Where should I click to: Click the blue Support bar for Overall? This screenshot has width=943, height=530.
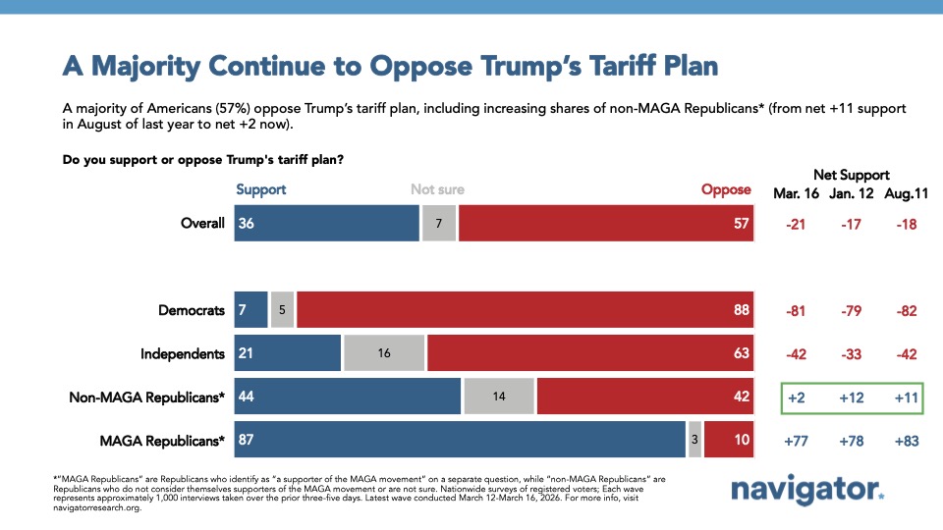326,224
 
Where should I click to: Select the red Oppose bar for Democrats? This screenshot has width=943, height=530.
525,310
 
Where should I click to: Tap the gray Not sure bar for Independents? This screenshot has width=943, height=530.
383,354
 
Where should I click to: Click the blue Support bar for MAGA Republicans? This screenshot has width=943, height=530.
460,441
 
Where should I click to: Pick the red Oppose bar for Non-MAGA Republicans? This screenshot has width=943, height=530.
644,397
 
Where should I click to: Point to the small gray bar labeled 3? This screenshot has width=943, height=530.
694,441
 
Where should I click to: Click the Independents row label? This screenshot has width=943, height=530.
184,354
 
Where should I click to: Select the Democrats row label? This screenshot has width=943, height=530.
192,310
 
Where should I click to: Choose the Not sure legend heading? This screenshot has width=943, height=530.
437,189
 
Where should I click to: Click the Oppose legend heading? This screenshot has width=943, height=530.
726,189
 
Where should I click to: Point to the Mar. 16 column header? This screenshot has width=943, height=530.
797,193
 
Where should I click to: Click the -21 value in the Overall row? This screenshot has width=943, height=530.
797,224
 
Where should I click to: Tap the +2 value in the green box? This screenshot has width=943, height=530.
797,397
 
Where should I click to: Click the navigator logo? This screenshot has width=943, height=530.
807,489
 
